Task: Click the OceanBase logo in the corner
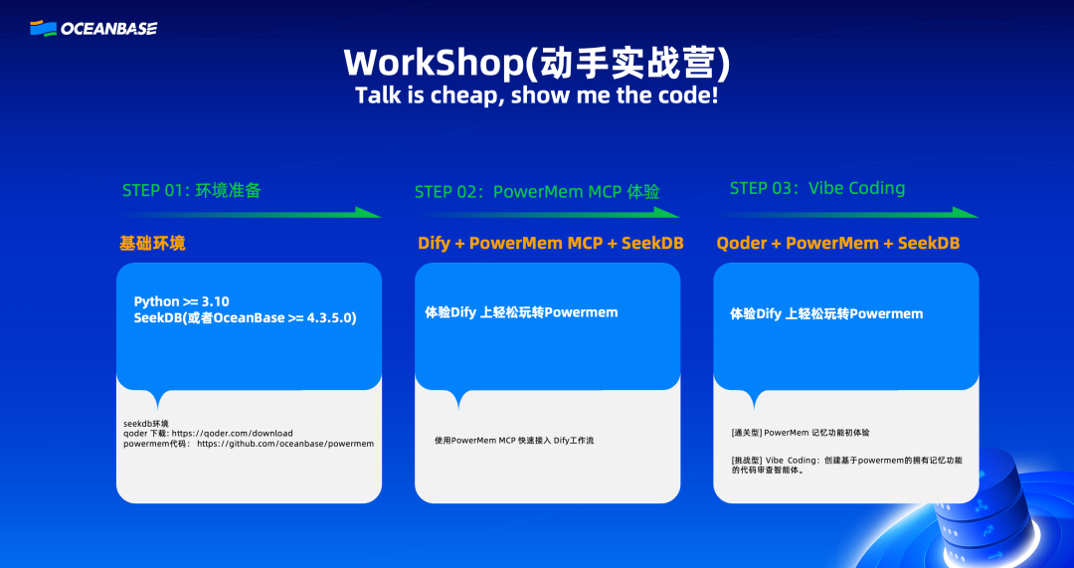93,28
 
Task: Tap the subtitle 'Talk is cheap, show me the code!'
536,95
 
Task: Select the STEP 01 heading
192,190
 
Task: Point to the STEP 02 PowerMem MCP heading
537,192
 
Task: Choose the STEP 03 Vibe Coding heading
817,188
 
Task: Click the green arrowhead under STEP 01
369,213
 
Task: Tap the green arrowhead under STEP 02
667,213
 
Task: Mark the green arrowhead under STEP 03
966,213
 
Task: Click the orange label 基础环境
152,244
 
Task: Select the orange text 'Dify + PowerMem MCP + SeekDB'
551,244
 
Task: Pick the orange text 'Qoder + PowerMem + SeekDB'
837,244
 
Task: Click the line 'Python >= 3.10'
182,301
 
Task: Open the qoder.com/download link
232,434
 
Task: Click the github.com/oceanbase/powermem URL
285,444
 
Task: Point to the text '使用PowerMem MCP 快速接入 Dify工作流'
514,441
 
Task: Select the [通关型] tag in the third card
747,433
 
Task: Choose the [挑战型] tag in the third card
747,461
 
